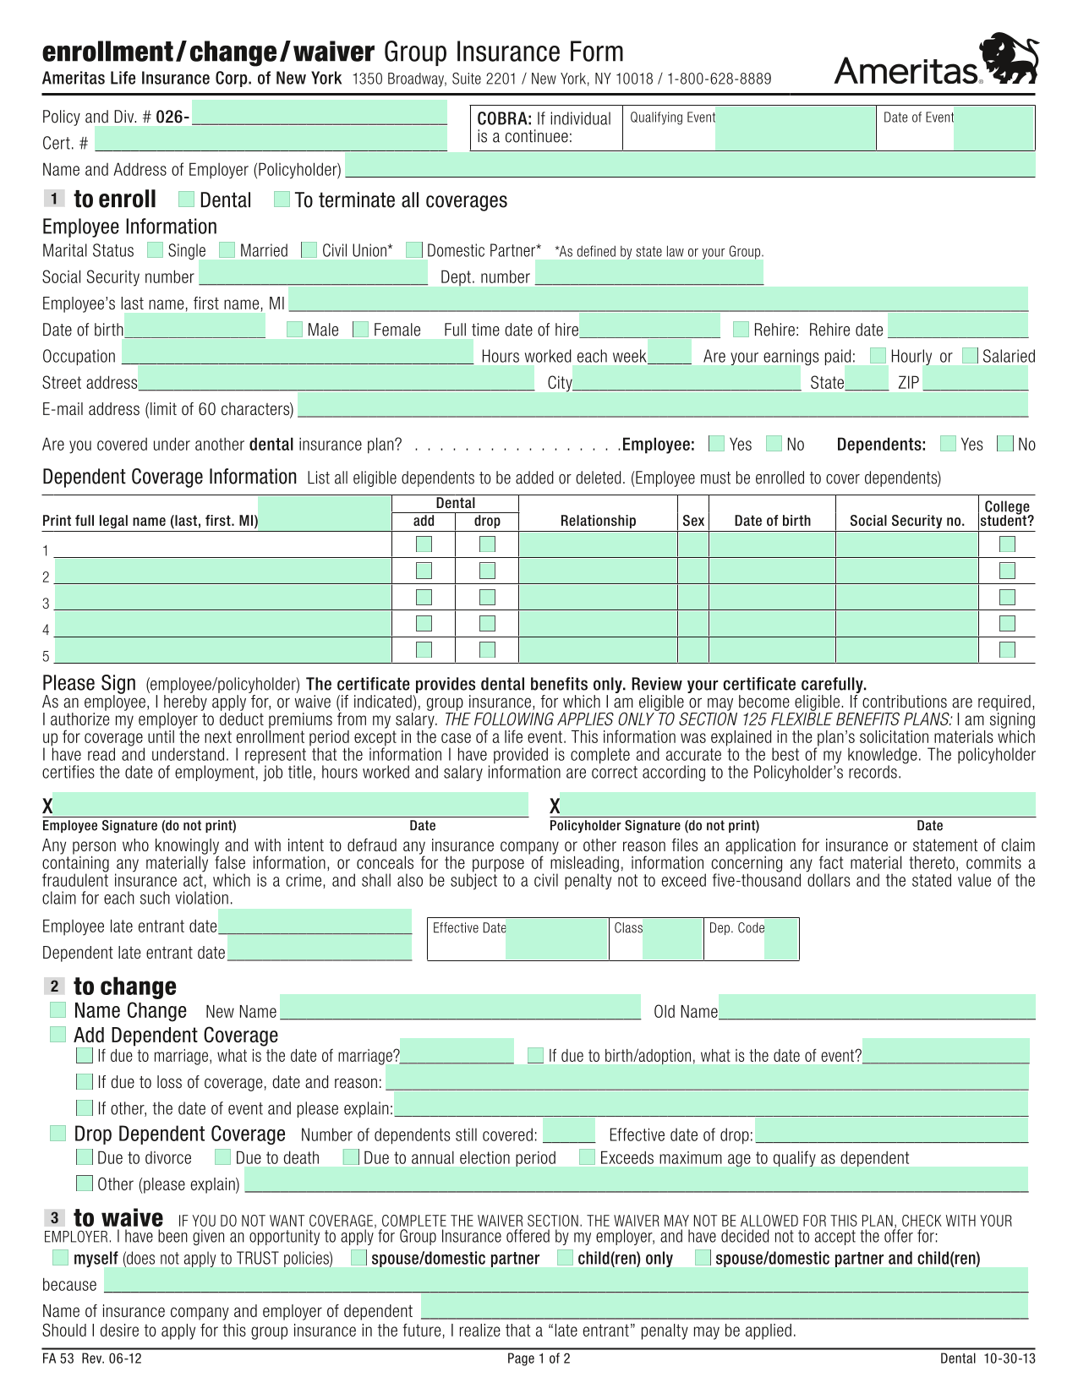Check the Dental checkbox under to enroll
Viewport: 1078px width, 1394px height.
pos(187,200)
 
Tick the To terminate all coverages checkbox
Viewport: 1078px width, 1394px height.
pos(282,200)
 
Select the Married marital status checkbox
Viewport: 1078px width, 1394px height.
pos(227,250)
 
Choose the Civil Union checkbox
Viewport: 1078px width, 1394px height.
pos(309,250)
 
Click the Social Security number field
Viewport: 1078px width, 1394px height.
pos(313,276)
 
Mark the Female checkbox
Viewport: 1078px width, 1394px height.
pos(361,329)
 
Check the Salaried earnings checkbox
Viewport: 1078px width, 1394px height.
pos(971,355)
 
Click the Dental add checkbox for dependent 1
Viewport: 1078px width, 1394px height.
pos(424,544)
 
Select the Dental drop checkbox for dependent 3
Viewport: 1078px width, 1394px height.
pos(487,598)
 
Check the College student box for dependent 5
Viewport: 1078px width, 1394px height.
pos(1006,650)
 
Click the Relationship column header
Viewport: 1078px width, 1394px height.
pos(598,521)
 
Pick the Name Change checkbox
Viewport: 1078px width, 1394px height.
pos(57,1009)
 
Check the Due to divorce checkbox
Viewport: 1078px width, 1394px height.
pos(85,1157)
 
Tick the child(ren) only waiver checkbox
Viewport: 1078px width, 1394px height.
pos(566,1258)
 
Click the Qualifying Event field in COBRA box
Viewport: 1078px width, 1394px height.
pos(795,128)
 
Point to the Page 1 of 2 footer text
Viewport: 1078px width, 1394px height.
pos(539,1358)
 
